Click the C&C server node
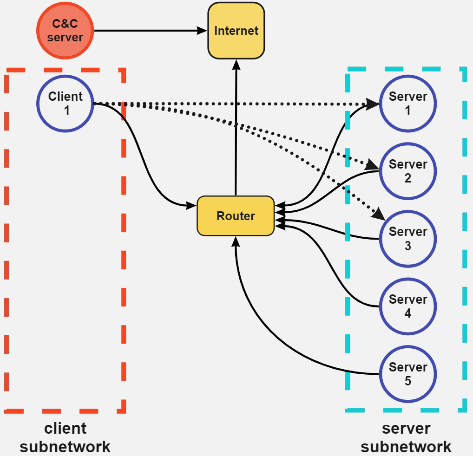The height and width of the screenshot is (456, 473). point(65,31)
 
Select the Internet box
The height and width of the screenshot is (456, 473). point(236,31)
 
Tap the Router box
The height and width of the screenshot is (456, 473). point(236,216)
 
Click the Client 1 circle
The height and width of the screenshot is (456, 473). point(66,104)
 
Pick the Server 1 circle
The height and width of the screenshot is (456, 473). point(407,104)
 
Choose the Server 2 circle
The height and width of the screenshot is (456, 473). point(407,171)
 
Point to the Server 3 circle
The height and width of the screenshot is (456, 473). point(407,239)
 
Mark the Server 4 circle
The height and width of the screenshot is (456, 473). point(407,306)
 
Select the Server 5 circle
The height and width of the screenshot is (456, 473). point(407,374)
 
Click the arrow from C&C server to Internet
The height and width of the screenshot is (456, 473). point(149,31)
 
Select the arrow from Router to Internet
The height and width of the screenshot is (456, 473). point(236,130)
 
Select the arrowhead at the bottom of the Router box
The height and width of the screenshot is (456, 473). point(236,241)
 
